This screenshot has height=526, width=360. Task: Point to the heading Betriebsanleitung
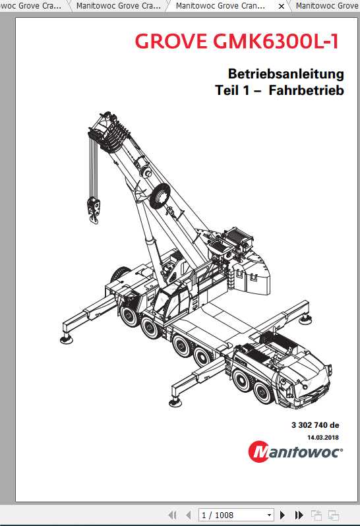click(285, 73)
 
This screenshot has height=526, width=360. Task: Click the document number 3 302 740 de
click(315, 425)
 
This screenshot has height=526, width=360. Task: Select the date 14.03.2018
click(322, 437)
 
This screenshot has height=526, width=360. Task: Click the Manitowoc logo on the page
click(295, 452)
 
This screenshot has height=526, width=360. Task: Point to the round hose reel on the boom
click(160, 196)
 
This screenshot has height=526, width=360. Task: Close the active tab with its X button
click(282, 6)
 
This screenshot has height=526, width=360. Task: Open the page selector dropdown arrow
click(269, 515)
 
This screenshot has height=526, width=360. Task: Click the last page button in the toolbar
click(299, 515)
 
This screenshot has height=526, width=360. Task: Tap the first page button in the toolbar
click(173, 515)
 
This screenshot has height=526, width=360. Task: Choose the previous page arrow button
click(188, 515)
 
